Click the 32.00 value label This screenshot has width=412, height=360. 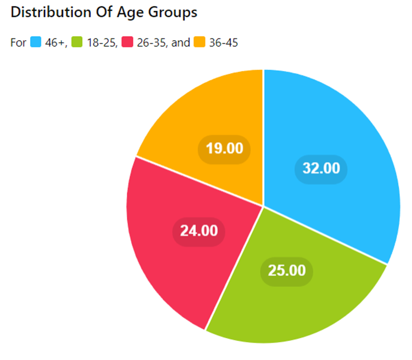tap(321, 168)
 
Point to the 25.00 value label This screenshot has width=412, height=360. tap(286, 271)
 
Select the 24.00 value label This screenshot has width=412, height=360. tap(199, 231)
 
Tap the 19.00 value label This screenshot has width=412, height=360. tap(224, 148)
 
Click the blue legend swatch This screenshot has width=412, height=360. tap(36, 42)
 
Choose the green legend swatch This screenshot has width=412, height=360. tap(77, 42)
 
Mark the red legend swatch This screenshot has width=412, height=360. tap(127, 42)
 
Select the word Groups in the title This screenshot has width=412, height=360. tap(170, 13)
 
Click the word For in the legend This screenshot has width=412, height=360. tap(18, 42)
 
